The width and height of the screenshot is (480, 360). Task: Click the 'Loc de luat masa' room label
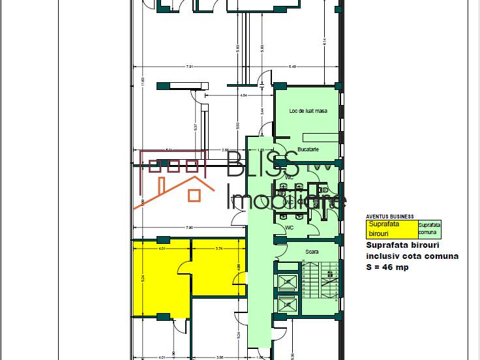click(x=308, y=111)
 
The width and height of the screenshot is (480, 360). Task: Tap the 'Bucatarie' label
click(x=307, y=149)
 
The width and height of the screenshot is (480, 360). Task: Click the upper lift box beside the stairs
click(x=286, y=282)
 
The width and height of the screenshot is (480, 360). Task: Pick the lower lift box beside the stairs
click(x=286, y=305)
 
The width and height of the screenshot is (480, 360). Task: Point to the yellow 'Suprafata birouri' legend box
click(x=391, y=228)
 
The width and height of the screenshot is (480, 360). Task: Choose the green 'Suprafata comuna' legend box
click(x=429, y=228)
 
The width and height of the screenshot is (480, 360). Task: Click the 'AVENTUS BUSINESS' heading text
click(x=389, y=217)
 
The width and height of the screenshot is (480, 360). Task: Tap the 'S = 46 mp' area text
click(x=387, y=267)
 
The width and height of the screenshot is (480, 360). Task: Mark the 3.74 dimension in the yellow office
click(x=219, y=248)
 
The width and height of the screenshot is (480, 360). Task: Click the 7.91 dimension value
click(x=189, y=67)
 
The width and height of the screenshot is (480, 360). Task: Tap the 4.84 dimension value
click(x=243, y=96)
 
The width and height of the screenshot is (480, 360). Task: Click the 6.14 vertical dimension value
click(x=324, y=42)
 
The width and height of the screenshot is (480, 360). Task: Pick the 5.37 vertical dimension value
click(x=195, y=127)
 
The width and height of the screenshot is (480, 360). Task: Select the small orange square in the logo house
click(x=194, y=194)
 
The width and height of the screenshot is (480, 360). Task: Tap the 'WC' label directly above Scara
click(x=289, y=227)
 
